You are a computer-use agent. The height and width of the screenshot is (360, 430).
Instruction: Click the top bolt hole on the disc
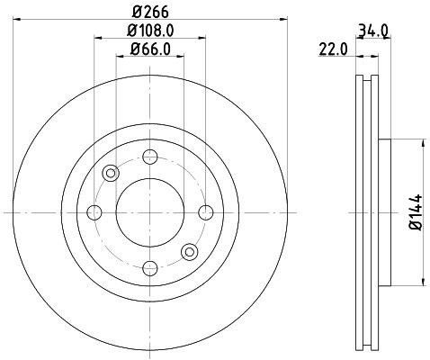click(x=149, y=157)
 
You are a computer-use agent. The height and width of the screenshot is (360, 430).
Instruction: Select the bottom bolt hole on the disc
click(x=149, y=267)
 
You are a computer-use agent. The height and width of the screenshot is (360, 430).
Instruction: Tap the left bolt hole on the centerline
click(x=94, y=212)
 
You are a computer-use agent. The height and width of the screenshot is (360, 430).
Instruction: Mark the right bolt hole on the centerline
click(x=205, y=212)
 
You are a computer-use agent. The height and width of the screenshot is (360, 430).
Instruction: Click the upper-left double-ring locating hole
click(x=110, y=173)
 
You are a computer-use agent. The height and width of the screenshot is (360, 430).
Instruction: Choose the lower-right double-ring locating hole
click(x=189, y=252)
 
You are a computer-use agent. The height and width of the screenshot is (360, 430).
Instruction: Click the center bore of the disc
click(x=149, y=212)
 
